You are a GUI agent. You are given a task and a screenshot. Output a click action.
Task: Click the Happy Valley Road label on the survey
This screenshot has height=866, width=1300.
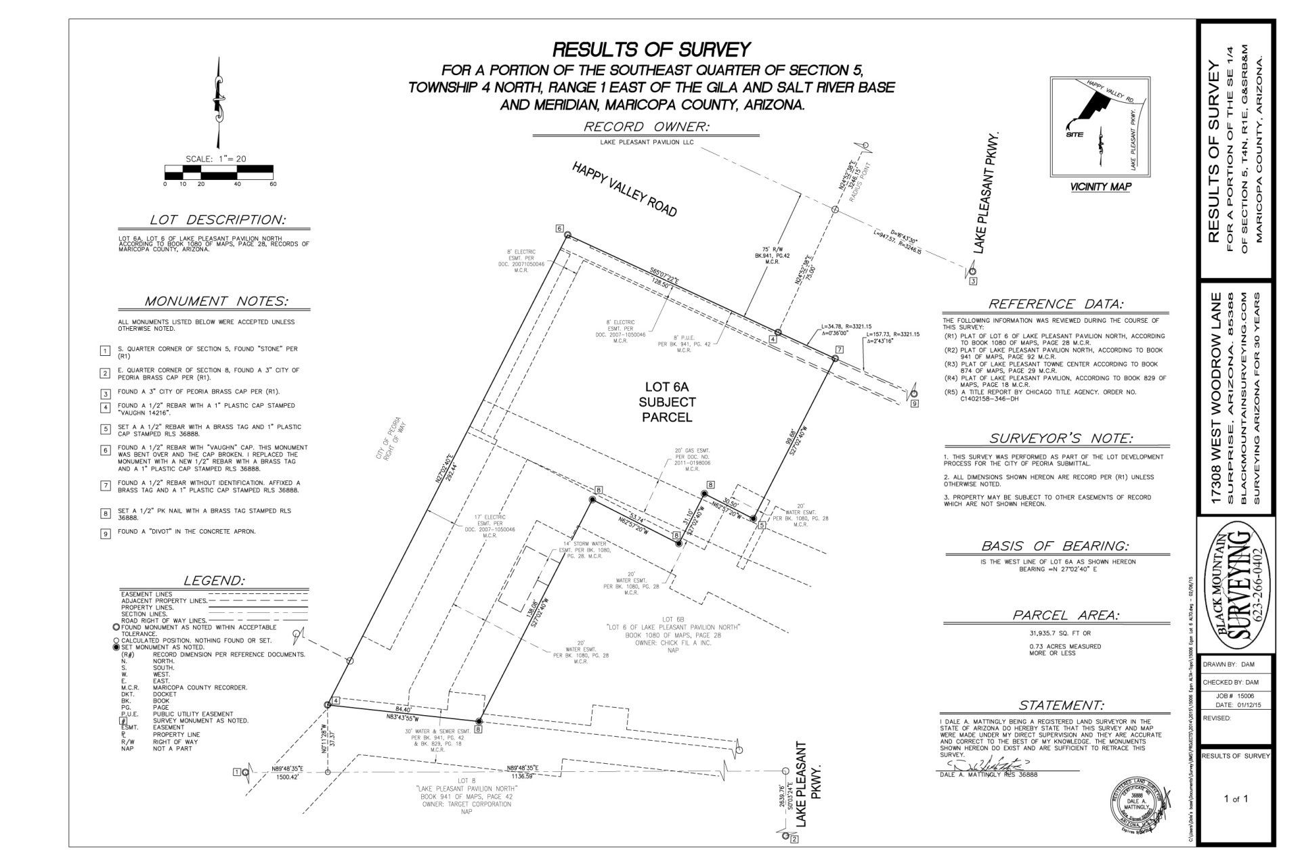click(624, 189)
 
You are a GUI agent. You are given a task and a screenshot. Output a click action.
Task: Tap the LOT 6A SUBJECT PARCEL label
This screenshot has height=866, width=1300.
click(670, 402)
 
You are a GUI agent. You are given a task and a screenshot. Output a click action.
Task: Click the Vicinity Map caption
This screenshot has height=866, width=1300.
click(1100, 187)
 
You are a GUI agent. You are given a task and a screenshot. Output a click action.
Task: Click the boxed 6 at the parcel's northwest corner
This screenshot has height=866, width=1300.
click(560, 228)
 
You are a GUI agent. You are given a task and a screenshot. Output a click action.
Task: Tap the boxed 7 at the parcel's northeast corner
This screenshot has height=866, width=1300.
click(840, 349)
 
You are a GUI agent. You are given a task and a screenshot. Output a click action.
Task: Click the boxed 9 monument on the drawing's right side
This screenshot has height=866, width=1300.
click(914, 404)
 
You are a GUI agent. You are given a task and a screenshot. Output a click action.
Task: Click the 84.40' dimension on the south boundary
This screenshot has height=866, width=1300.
click(404, 710)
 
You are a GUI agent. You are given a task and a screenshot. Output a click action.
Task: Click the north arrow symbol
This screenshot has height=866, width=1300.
click(218, 101)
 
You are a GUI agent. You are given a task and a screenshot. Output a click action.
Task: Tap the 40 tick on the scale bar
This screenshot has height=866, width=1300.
click(237, 184)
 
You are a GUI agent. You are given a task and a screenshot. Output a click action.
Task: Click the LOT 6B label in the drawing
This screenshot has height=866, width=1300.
click(668, 619)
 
